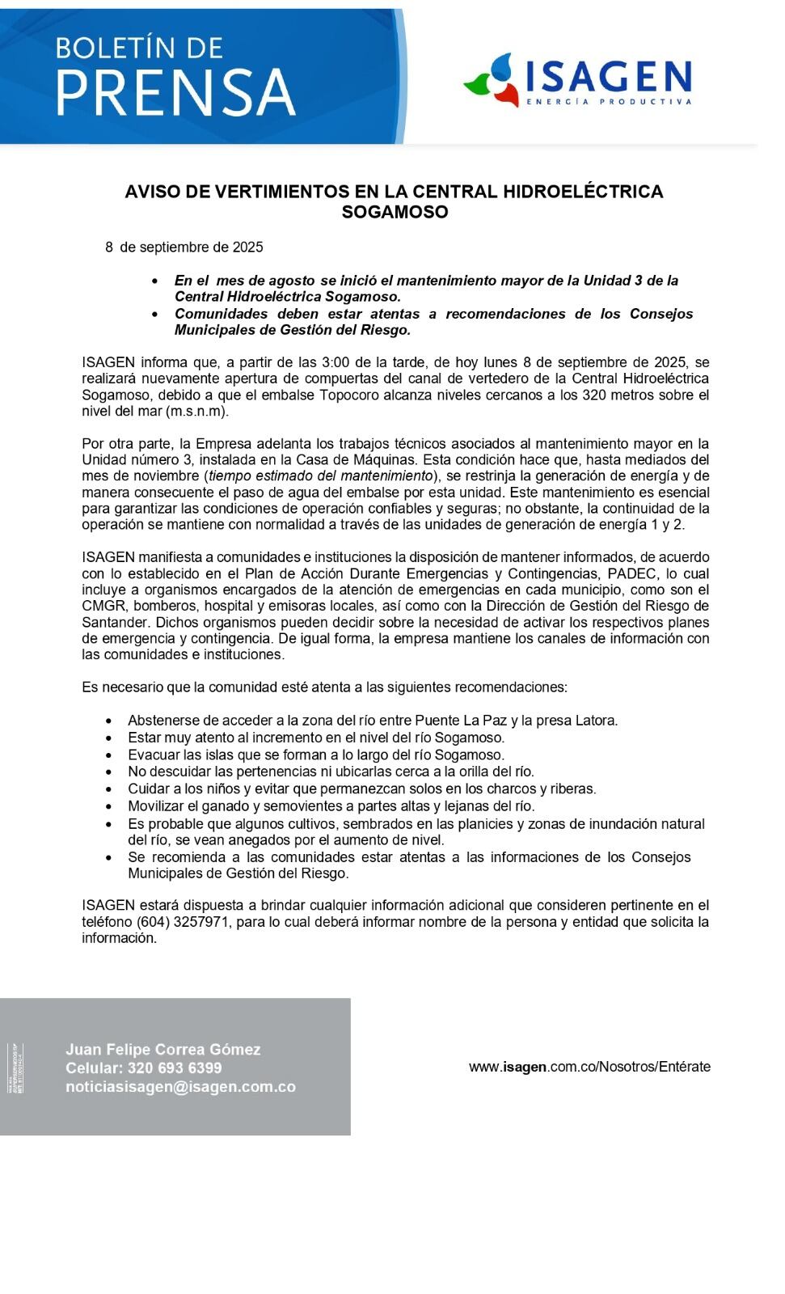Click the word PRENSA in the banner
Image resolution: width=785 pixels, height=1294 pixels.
coord(175,92)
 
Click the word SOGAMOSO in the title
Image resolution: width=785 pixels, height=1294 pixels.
coord(395,212)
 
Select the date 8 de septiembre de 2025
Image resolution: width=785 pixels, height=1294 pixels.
coord(184,247)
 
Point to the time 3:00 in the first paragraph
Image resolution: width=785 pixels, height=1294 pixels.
coord(336,362)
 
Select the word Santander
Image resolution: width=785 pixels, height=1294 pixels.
coord(115,622)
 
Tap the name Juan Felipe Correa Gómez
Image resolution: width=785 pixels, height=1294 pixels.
coord(163,1050)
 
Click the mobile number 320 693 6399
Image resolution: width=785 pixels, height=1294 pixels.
coord(175,1068)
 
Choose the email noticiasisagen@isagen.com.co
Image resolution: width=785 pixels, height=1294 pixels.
coord(181,1087)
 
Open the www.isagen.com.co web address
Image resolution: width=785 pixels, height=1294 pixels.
coord(589,1067)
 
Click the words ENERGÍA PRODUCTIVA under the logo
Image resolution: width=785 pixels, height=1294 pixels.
coord(609,102)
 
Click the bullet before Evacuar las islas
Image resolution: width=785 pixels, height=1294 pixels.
coord(110,755)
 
